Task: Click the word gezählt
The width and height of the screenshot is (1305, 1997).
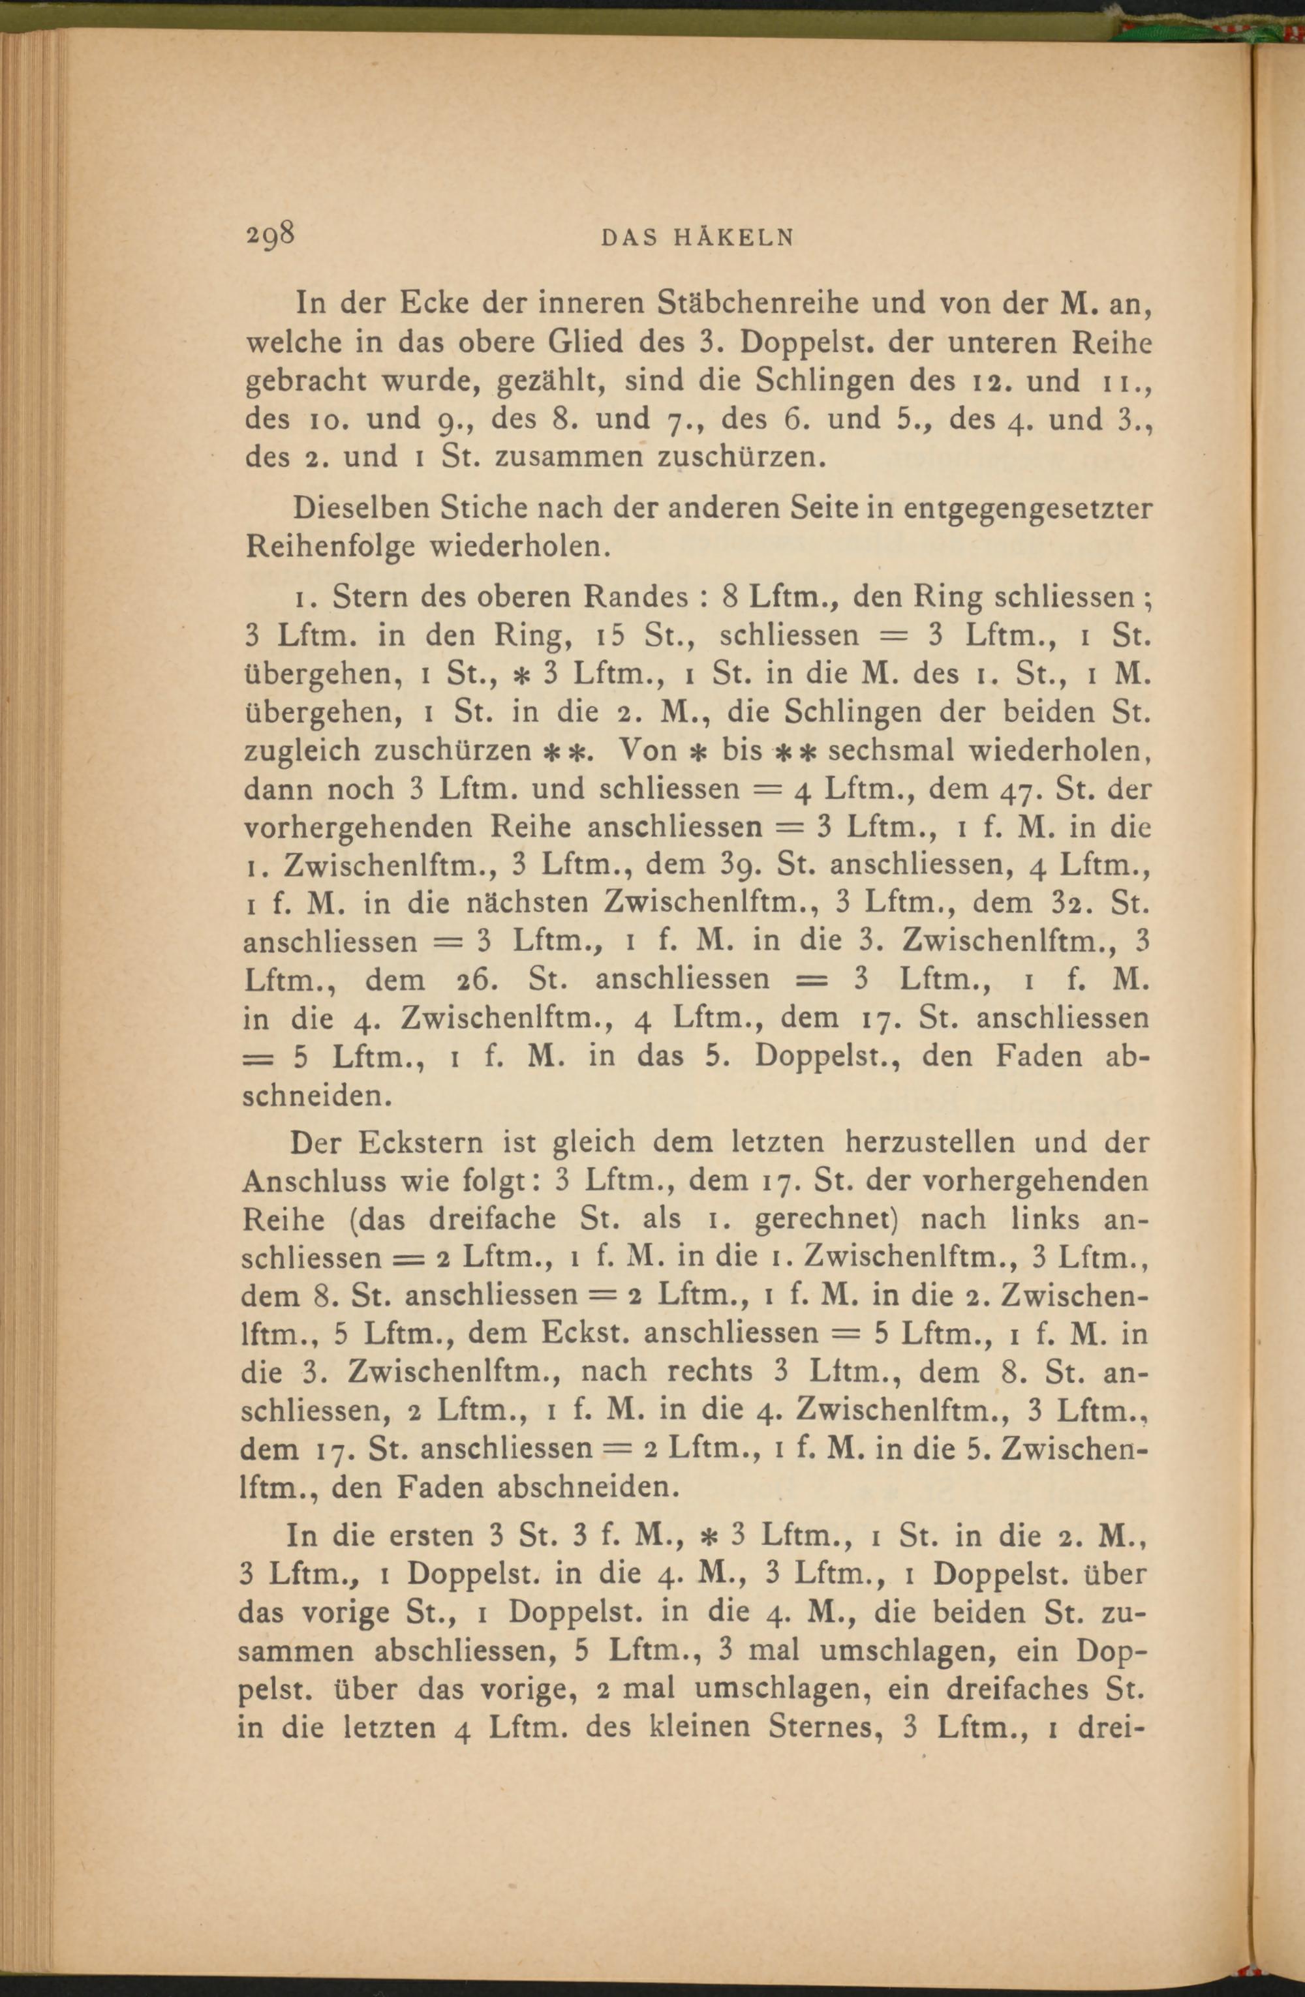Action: [549, 382]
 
